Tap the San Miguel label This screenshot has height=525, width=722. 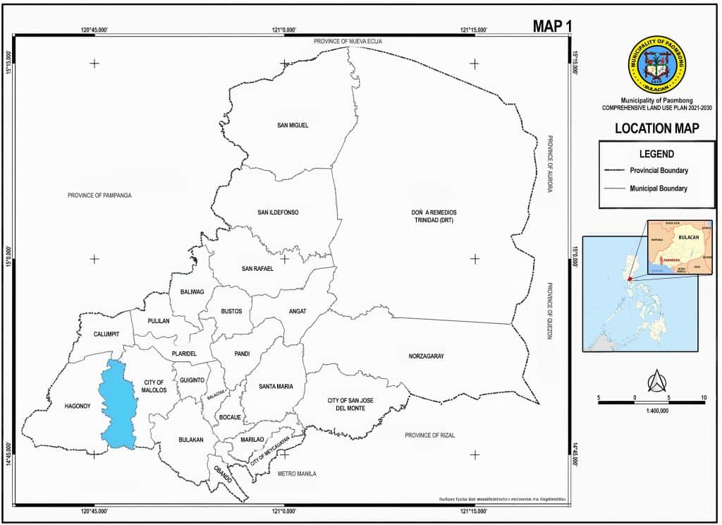pyautogui.click(x=293, y=126)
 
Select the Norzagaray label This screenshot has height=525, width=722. pyautogui.click(x=426, y=356)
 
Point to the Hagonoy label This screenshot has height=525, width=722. pyautogui.click(x=78, y=406)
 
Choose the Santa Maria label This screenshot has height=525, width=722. pyautogui.click(x=276, y=386)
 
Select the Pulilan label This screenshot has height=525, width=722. pyautogui.click(x=159, y=321)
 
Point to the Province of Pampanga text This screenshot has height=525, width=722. pyautogui.click(x=100, y=195)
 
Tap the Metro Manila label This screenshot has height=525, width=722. pyautogui.click(x=297, y=473)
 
